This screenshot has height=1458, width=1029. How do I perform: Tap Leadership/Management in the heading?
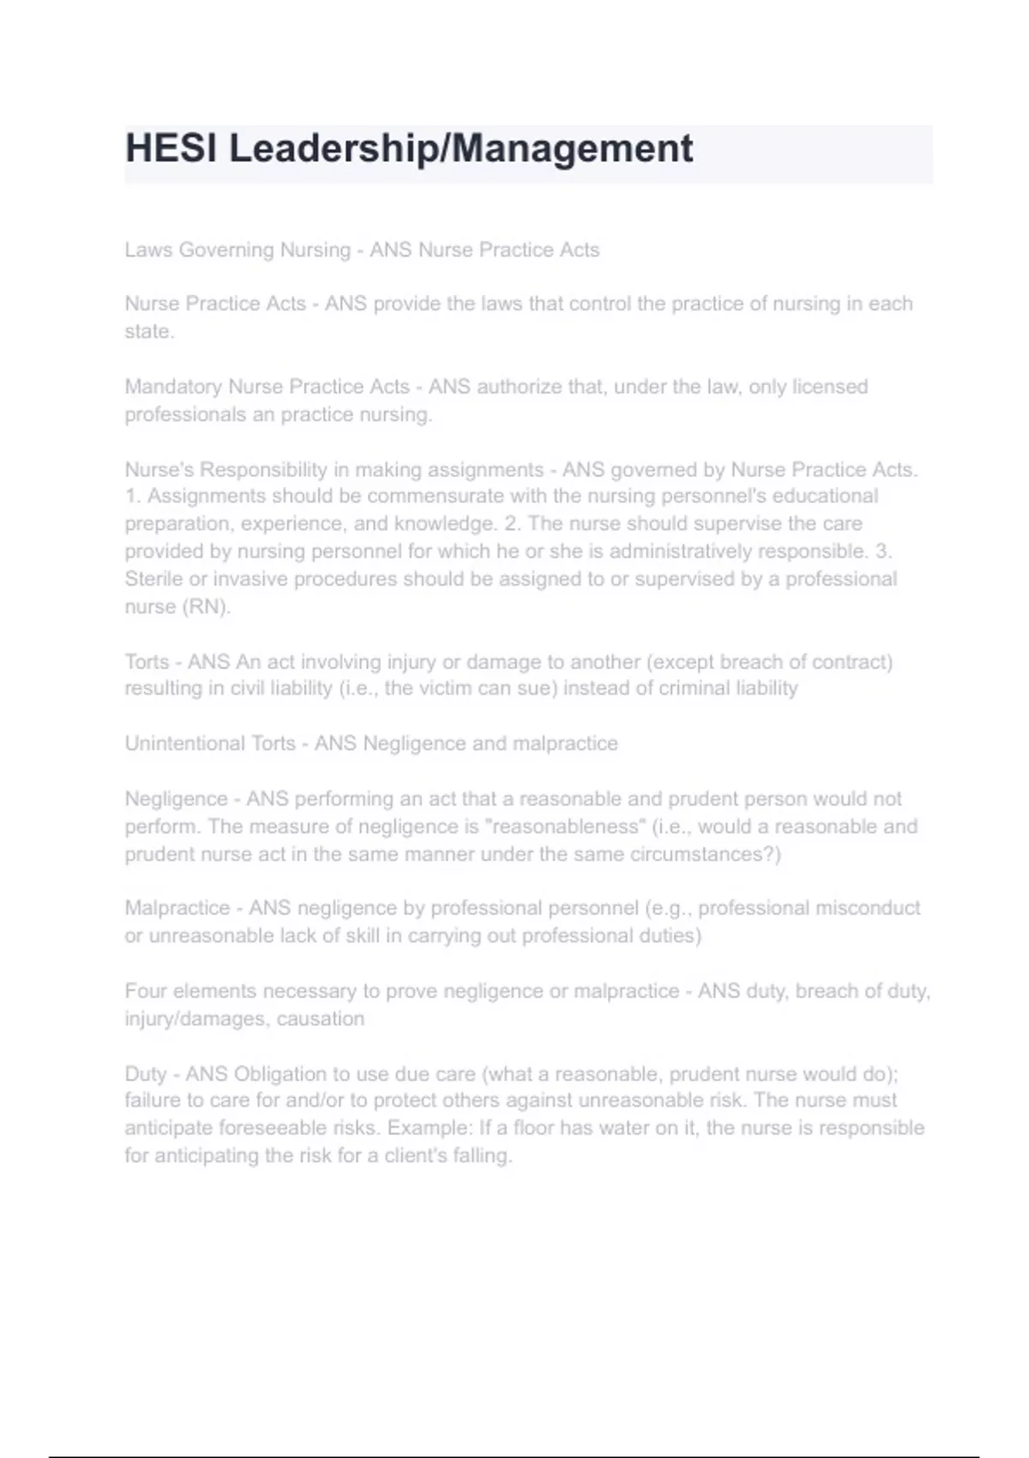pos(460,148)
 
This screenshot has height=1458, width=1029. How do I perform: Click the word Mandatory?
pos(173,387)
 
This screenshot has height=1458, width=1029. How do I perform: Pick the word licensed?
pos(829,387)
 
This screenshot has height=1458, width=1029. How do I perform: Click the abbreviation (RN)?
pos(206,606)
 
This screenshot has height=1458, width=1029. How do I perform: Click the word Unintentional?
pos(184,743)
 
